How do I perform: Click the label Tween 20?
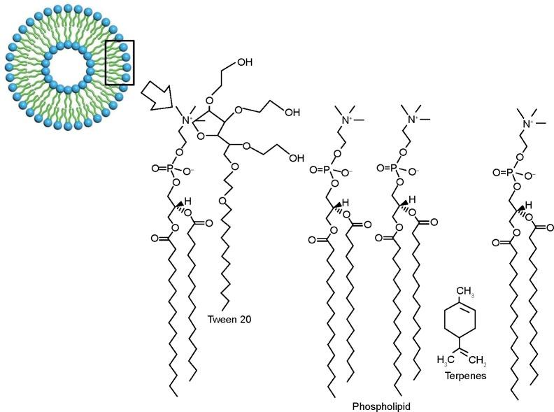[x=229, y=320]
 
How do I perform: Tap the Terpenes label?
[x=465, y=375]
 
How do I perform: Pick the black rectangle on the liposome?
[x=120, y=62]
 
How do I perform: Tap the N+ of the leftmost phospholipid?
[x=189, y=120]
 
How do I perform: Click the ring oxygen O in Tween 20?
[x=201, y=136]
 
